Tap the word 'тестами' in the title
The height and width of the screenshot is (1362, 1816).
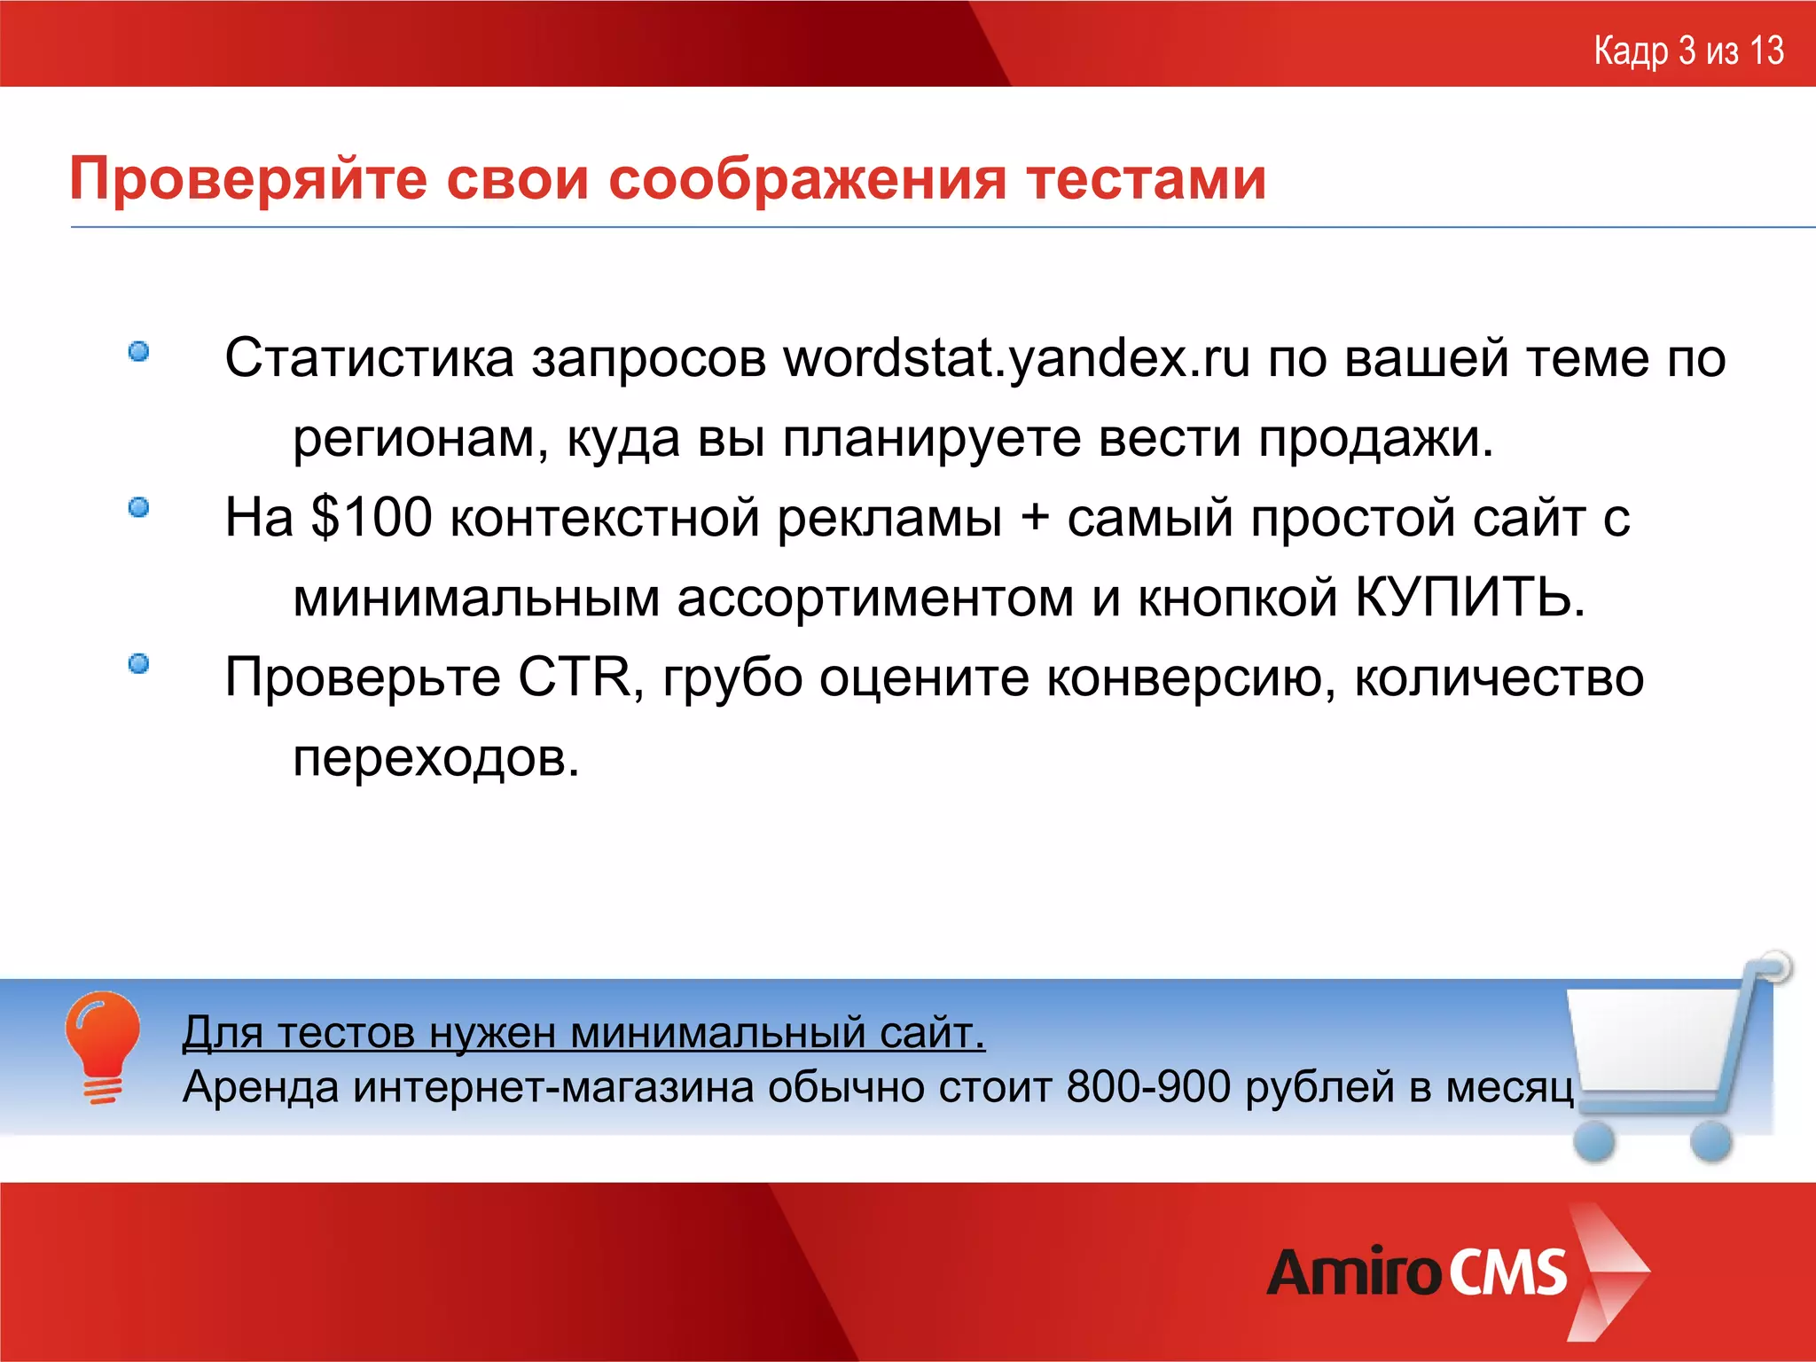click(x=1147, y=180)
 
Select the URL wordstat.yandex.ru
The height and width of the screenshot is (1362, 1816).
click(x=1016, y=359)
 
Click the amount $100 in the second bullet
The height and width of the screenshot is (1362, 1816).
click(x=372, y=518)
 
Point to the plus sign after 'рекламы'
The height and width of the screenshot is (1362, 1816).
click(x=1034, y=518)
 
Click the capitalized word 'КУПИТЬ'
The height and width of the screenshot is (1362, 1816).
click(x=1468, y=598)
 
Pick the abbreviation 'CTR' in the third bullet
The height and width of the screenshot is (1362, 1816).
click(x=575, y=678)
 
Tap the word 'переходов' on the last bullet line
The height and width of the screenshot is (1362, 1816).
click(x=435, y=758)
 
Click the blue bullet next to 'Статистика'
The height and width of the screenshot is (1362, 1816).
click(x=138, y=352)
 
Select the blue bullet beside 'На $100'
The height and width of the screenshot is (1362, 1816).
click(x=138, y=507)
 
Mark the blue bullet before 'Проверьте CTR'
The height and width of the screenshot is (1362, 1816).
click(x=138, y=663)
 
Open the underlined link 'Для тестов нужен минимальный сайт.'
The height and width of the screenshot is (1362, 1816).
click(x=583, y=1033)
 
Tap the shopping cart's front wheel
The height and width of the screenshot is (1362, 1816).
click(x=1594, y=1140)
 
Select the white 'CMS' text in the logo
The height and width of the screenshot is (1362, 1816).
click(x=1508, y=1273)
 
